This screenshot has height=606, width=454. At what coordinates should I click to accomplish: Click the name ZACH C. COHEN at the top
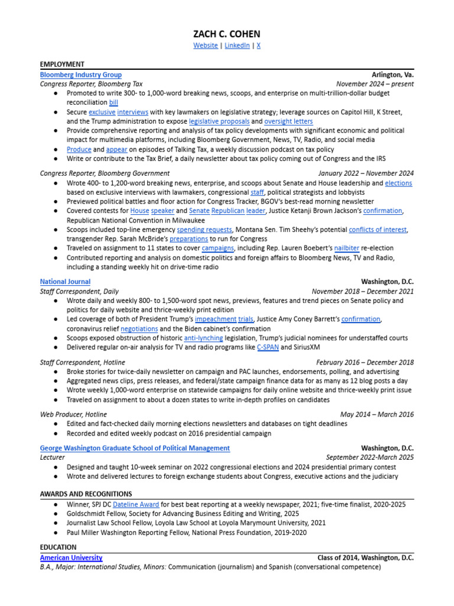pos(226,34)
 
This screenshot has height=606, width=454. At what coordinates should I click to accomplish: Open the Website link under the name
pos(205,46)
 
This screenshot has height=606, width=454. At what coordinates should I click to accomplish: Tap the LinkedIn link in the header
pos(237,46)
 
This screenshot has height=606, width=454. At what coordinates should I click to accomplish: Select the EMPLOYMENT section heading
pos(62,64)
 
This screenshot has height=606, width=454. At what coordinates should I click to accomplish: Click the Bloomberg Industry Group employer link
pos(81,75)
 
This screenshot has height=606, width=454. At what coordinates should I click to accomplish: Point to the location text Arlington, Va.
pos(393,75)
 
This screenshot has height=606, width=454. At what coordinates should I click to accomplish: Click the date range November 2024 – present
pos(375,84)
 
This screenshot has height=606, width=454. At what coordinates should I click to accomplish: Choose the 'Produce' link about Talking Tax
pos(79,150)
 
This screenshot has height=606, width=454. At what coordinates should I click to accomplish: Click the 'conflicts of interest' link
pos(377,229)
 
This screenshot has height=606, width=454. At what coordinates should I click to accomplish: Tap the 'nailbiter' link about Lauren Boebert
pos(365,248)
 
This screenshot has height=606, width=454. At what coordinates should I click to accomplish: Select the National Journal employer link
pos(65,282)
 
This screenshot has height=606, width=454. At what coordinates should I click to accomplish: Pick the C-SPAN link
pos(267,347)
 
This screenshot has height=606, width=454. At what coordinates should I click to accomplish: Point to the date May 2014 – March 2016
pos(377,414)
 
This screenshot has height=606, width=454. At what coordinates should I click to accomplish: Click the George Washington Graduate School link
pos(135,448)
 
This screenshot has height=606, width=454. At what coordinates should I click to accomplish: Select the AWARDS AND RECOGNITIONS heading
pos(86,494)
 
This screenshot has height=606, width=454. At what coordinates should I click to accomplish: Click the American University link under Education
pos(71,557)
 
